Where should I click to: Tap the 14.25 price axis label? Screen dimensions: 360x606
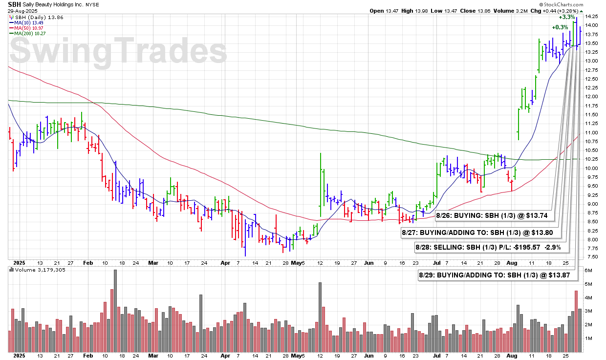[592, 16]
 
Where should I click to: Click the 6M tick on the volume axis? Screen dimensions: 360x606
[589, 270]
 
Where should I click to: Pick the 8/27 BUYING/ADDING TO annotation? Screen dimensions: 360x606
[479, 233]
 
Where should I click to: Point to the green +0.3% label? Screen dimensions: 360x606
[560, 27]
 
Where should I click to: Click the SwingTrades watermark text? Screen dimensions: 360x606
[117, 51]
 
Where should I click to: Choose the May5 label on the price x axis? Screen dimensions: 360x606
[298, 263]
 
